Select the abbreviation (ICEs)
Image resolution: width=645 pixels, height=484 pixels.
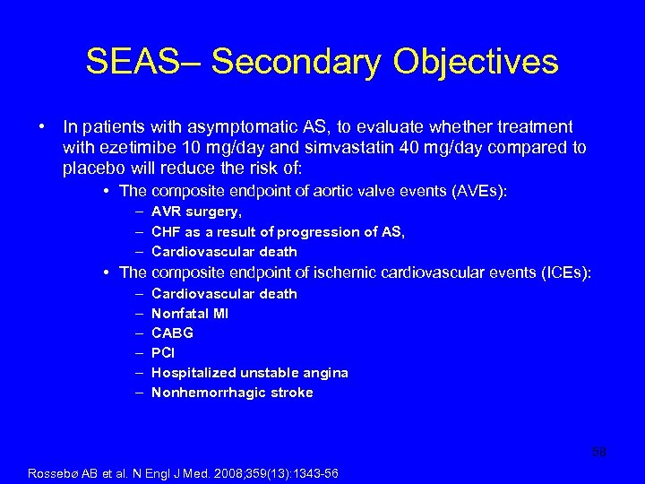click(562, 272)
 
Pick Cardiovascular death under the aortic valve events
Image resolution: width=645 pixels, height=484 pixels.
click(224, 252)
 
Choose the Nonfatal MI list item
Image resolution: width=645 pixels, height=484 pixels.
click(190, 314)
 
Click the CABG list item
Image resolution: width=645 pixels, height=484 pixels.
click(172, 333)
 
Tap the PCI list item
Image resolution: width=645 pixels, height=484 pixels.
click(163, 353)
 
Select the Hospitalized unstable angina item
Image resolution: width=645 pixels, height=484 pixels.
click(250, 373)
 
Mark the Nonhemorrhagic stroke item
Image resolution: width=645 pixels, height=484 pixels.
click(232, 393)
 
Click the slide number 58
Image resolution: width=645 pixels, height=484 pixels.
click(598, 453)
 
